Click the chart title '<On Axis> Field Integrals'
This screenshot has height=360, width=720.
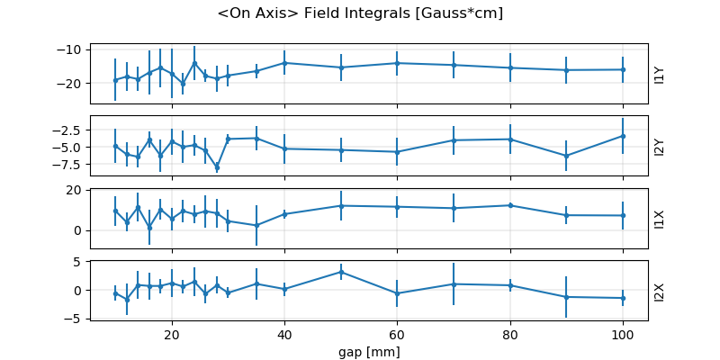[x=360, y=13]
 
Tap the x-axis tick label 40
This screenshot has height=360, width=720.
[x=284, y=334]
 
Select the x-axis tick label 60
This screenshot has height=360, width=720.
[x=397, y=334]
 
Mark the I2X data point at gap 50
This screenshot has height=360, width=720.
[x=341, y=272]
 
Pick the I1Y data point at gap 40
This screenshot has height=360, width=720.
[x=284, y=63]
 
